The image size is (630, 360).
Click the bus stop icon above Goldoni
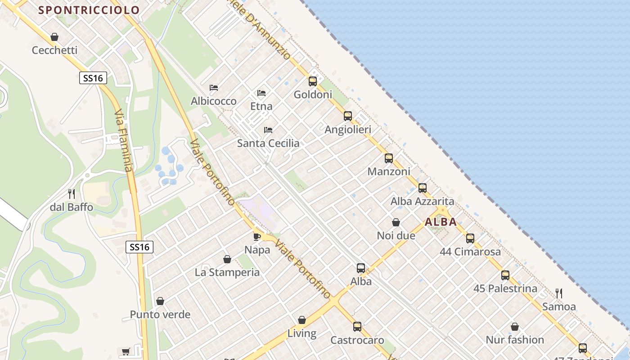tap(313, 81)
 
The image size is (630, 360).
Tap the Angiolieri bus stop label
tap(348, 130)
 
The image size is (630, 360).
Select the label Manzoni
tap(389, 171)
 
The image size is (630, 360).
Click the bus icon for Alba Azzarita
tap(423, 188)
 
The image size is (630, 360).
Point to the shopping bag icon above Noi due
tap(396, 222)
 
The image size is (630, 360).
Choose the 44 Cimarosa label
tap(470, 252)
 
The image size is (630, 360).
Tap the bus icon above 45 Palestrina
tap(505, 275)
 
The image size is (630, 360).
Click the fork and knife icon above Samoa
tap(559, 293)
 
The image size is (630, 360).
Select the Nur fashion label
tap(515, 340)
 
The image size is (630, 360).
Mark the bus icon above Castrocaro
tap(357, 327)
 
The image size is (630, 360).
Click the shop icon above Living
tap(302, 320)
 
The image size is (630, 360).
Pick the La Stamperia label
tap(227, 272)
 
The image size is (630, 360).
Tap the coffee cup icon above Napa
tap(257, 236)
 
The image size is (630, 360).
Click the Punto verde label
tap(160, 315)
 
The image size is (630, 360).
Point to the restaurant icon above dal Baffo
tap(72, 194)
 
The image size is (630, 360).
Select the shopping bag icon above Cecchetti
tap(54, 37)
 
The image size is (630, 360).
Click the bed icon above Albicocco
tap(214, 88)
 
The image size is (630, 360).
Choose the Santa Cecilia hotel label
tap(268, 144)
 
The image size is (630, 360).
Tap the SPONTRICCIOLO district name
tap(89, 9)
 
